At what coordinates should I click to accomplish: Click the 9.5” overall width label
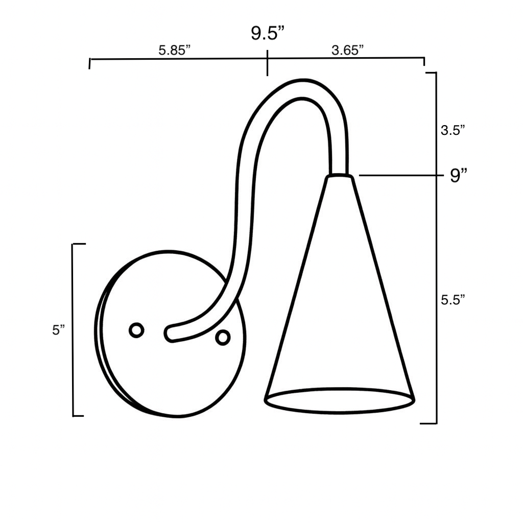click(x=267, y=34)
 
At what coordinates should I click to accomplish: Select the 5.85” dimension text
click(x=174, y=50)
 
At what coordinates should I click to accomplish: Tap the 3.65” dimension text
click(x=347, y=50)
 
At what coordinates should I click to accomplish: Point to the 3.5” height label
click(x=453, y=130)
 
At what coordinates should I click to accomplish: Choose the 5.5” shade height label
click(x=453, y=300)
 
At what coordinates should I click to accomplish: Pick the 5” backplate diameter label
click(x=59, y=330)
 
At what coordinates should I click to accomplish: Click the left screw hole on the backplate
click(x=136, y=330)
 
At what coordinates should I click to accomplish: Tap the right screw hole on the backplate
click(x=223, y=337)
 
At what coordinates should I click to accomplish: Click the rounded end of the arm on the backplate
click(x=170, y=334)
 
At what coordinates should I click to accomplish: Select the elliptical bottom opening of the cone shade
click(x=339, y=400)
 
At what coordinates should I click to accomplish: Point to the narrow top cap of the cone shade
click(x=339, y=177)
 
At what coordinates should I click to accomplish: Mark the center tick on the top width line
click(x=267, y=62)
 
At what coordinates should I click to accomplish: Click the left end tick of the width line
click(x=90, y=63)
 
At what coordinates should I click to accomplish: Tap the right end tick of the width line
click(x=424, y=61)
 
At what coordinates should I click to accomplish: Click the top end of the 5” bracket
click(x=78, y=244)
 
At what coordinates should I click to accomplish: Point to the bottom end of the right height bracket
click(x=429, y=423)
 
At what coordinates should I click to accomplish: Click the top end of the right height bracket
click(x=431, y=73)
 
